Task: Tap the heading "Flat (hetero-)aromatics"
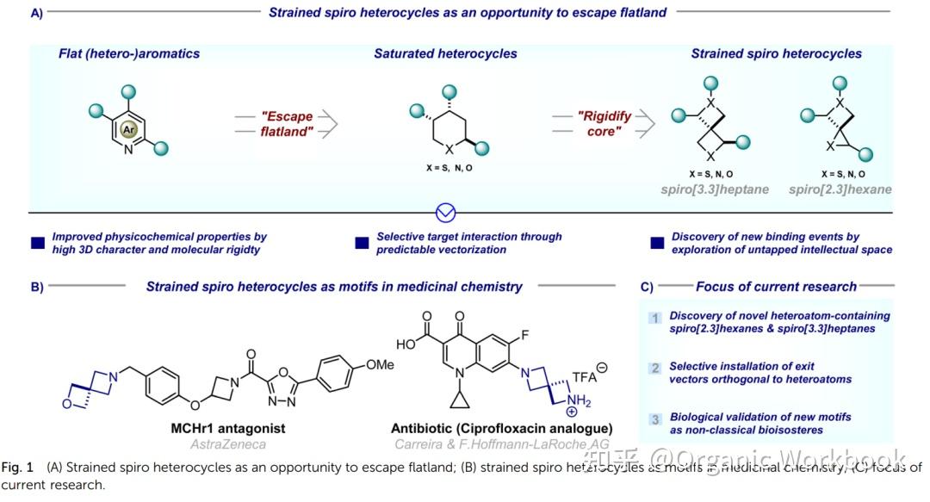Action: pyautogui.click(x=128, y=53)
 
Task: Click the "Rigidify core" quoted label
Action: pyautogui.click(x=598, y=123)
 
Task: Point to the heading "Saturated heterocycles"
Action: pyautogui.click(x=445, y=53)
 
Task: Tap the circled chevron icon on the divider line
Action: pyautogui.click(x=446, y=213)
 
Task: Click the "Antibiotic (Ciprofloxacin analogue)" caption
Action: pyautogui.click(x=501, y=428)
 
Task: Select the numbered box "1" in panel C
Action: pyautogui.click(x=655, y=318)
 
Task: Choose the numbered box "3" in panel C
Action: pyautogui.click(x=655, y=419)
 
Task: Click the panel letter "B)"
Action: pyautogui.click(x=37, y=287)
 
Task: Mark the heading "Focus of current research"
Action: pyautogui.click(x=776, y=287)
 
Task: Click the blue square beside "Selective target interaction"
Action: pyautogui.click(x=363, y=244)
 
